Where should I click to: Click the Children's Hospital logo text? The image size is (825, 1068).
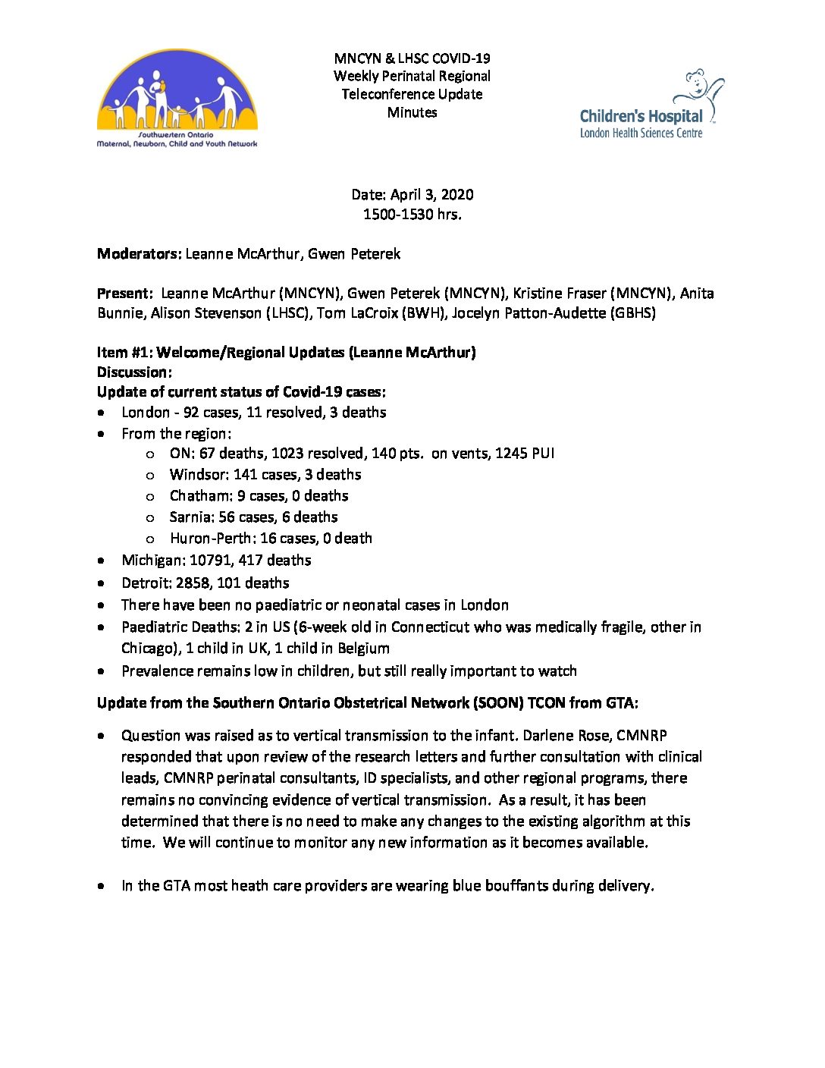pos(641,117)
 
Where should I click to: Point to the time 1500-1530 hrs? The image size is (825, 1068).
pos(412,215)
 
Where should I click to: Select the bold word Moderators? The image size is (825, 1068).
pos(139,254)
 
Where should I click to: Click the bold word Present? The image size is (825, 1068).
pos(125,294)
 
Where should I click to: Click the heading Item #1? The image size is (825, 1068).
pos(124,353)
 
